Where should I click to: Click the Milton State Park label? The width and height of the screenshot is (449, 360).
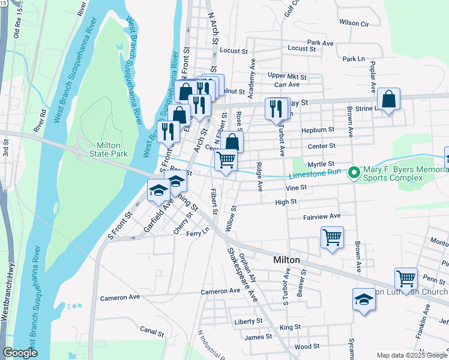point(108,151)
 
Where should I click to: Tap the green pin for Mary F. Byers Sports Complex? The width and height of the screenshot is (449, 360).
point(354,173)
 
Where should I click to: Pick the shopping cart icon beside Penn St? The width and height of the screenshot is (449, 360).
point(406,279)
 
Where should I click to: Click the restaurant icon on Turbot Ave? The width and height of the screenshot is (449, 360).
point(276,108)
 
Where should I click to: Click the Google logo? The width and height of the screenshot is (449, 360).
point(20,353)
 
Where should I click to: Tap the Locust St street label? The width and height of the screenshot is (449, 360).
point(301,48)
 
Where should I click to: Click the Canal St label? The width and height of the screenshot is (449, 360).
point(152,331)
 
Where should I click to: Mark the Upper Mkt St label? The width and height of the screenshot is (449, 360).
point(287,77)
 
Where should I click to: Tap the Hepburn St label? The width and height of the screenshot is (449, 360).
point(318,130)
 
